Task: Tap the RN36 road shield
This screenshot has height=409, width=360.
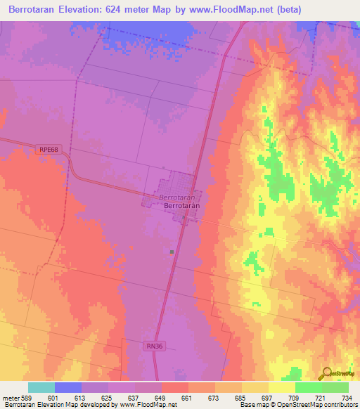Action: [x=155, y=346]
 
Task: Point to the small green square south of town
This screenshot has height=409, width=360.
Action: [x=172, y=251]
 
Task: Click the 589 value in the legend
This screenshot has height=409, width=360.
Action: [x=28, y=397]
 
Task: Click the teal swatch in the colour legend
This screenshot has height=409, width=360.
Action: [x=41, y=387]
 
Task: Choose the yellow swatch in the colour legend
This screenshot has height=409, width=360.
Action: [x=281, y=387]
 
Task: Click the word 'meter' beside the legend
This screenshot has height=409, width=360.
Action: [x=11, y=397]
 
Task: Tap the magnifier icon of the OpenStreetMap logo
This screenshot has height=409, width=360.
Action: [x=326, y=374]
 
